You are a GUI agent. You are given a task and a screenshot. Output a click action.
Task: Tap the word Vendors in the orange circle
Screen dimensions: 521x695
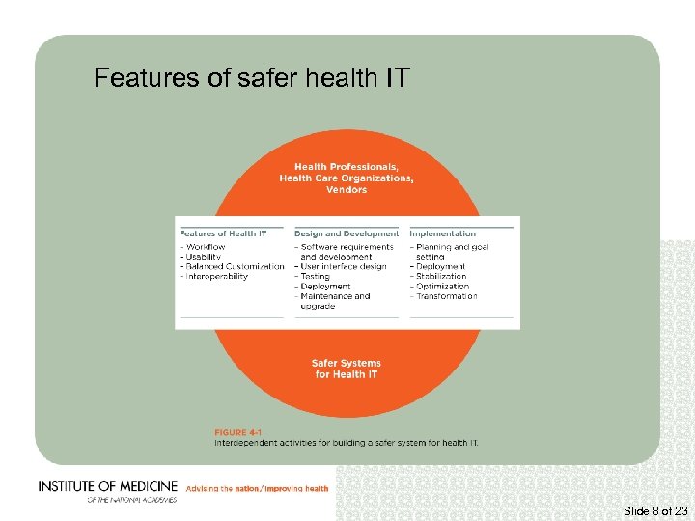347,190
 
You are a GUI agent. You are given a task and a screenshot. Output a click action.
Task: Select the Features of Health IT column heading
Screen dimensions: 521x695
223,233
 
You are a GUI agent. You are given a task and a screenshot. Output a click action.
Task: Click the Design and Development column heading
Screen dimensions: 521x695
347,233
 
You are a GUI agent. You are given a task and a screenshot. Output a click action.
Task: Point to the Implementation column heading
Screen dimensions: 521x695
443,233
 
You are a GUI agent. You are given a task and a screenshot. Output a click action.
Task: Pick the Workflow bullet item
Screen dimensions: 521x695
204,247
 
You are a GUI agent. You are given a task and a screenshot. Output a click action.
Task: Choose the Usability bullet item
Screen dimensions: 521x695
202,257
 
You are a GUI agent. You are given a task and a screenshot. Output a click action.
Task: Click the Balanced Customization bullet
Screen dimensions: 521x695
233,266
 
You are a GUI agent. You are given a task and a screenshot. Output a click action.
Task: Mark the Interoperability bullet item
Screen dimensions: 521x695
214,277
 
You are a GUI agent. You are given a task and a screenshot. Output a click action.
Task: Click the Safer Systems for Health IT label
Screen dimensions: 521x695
347,369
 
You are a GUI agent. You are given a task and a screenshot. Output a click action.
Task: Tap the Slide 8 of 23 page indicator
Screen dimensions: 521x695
656,510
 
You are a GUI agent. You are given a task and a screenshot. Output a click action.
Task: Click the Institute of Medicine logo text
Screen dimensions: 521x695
108,487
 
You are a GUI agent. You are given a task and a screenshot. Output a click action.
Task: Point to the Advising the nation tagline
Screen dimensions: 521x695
257,489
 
